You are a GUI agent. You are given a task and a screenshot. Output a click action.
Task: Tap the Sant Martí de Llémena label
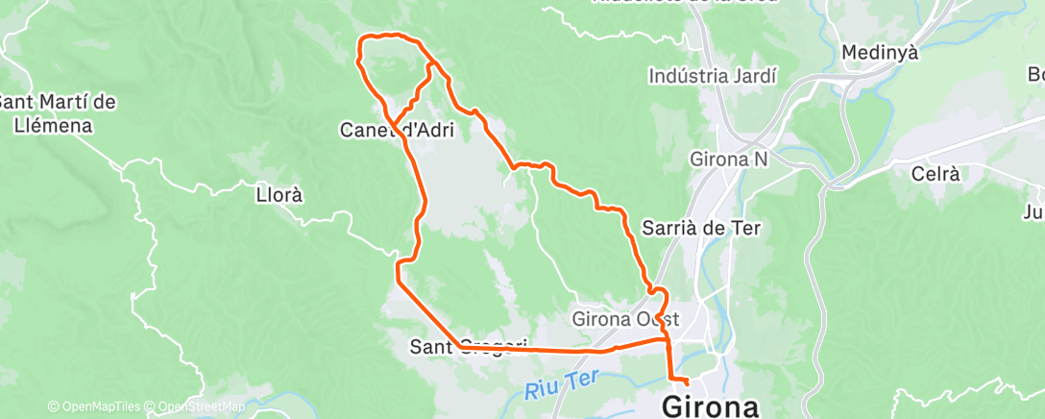point(58,112)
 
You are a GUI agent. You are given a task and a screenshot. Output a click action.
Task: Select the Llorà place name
point(279,194)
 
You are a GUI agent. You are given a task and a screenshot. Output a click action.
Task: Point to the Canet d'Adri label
point(398,129)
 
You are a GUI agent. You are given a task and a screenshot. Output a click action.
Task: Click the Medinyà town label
point(879,52)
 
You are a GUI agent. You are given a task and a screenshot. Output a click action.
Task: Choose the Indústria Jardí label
point(712,76)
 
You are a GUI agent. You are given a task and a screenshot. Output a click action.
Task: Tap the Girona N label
point(729,160)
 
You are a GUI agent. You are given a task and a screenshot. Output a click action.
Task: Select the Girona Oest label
point(626,317)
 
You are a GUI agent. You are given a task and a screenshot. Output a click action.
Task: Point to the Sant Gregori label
point(469,344)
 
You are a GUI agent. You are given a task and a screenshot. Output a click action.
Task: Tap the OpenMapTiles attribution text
point(94,407)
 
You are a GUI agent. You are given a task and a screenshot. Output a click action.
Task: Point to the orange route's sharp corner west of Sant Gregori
point(396,276)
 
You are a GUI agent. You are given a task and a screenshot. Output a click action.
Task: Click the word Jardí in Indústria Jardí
point(755,76)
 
